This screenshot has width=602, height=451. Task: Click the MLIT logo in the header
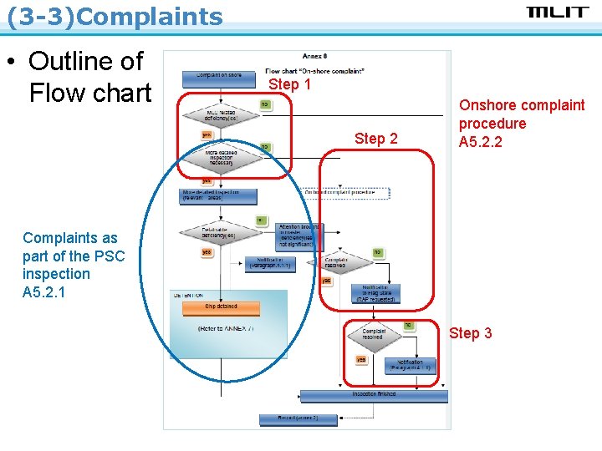click(558, 12)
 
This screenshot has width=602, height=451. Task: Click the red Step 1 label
click(289, 84)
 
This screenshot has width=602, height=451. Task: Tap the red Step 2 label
click(376, 139)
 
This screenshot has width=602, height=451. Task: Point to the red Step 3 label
click(471, 333)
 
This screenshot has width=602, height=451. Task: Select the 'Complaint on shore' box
click(220, 76)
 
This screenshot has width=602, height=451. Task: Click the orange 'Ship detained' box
click(222, 307)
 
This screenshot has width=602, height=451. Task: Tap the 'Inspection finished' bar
click(374, 394)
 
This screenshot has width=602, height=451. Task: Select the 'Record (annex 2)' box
click(288, 418)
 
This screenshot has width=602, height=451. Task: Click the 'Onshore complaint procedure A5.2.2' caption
click(521, 124)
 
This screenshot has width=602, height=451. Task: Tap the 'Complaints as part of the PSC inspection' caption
click(72, 265)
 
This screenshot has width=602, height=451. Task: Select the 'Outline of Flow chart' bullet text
click(89, 77)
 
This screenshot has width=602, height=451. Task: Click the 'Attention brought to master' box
click(300, 237)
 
